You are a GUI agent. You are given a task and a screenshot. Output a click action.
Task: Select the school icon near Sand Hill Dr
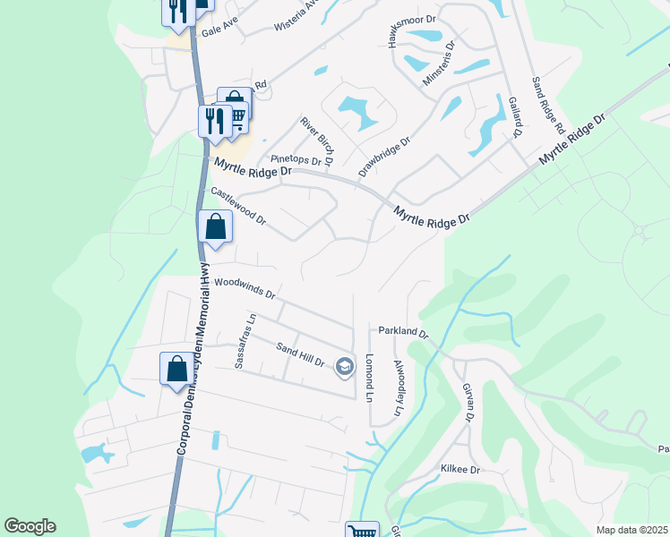click(344, 365)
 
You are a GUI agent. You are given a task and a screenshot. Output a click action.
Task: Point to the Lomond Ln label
click(369, 377)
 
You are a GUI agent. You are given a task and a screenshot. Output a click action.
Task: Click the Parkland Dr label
click(403, 331)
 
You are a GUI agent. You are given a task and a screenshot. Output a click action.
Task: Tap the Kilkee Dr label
click(460, 469)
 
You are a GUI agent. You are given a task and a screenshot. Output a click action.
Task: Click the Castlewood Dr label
click(237, 205)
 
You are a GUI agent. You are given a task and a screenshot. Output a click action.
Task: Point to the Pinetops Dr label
click(296, 158)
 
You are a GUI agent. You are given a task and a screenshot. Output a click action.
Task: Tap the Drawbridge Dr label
click(384, 156)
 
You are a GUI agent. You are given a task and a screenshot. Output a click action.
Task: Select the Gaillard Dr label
click(514, 117)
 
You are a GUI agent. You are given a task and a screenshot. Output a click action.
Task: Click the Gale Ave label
click(218, 30)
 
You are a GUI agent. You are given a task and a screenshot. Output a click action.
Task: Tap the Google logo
click(30, 526)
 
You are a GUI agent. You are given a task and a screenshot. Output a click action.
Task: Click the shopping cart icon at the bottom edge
click(362, 531)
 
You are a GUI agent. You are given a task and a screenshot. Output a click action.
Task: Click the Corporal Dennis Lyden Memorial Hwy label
click(193, 358)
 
